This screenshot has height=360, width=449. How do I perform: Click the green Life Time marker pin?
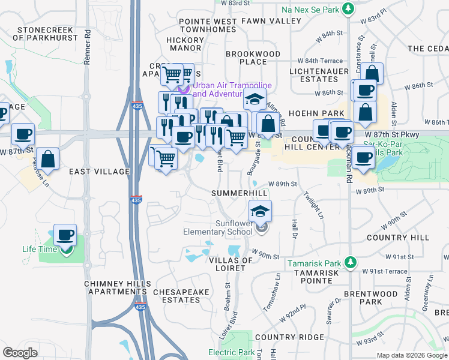(65, 250)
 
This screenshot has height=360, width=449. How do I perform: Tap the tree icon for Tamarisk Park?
(351, 263)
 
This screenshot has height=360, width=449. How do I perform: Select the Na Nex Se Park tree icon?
(347, 9)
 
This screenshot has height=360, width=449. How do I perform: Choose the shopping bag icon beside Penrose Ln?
(48, 160)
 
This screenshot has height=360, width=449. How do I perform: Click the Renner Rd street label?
(88, 49)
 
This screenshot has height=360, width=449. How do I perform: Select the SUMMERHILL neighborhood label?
(239, 193)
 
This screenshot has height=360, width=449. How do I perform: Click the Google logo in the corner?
(20, 353)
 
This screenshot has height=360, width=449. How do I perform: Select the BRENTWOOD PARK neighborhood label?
(370, 298)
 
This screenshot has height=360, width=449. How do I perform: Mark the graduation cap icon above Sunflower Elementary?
(260, 211)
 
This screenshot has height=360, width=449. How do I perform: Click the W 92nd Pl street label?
(296, 314)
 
